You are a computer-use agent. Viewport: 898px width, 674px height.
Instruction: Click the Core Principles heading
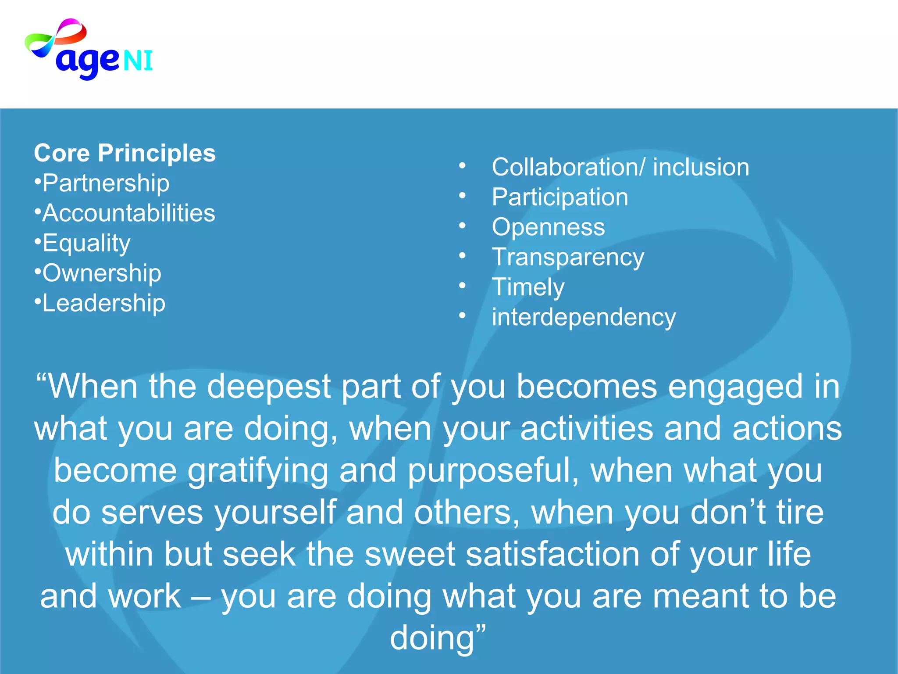(x=125, y=153)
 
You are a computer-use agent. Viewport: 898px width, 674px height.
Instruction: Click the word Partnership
(x=106, y=183)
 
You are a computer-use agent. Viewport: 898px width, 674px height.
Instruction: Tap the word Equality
(x=86, y=243)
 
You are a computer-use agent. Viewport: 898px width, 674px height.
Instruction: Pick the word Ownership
(x=102, y=273)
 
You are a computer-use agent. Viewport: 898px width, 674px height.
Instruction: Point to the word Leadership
(x=104, y=303)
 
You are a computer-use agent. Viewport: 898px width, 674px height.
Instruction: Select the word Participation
(x=560, y=197)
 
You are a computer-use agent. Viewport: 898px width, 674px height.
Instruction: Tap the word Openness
(x=548, y=227)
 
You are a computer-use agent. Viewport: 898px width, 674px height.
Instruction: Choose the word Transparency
(x=568, y=257)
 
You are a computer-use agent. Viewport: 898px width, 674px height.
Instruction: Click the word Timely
(x=528, y=287)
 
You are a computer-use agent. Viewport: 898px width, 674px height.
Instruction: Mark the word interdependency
(x=584, y=317)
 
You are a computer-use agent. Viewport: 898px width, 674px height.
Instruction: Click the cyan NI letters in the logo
(x=138, y=61)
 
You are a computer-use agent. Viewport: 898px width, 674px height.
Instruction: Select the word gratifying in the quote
(x=258, y=470)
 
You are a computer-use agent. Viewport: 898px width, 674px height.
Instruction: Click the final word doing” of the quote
(x=438, y=638)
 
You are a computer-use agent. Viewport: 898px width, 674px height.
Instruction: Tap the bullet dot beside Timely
(x=462, y=286)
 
